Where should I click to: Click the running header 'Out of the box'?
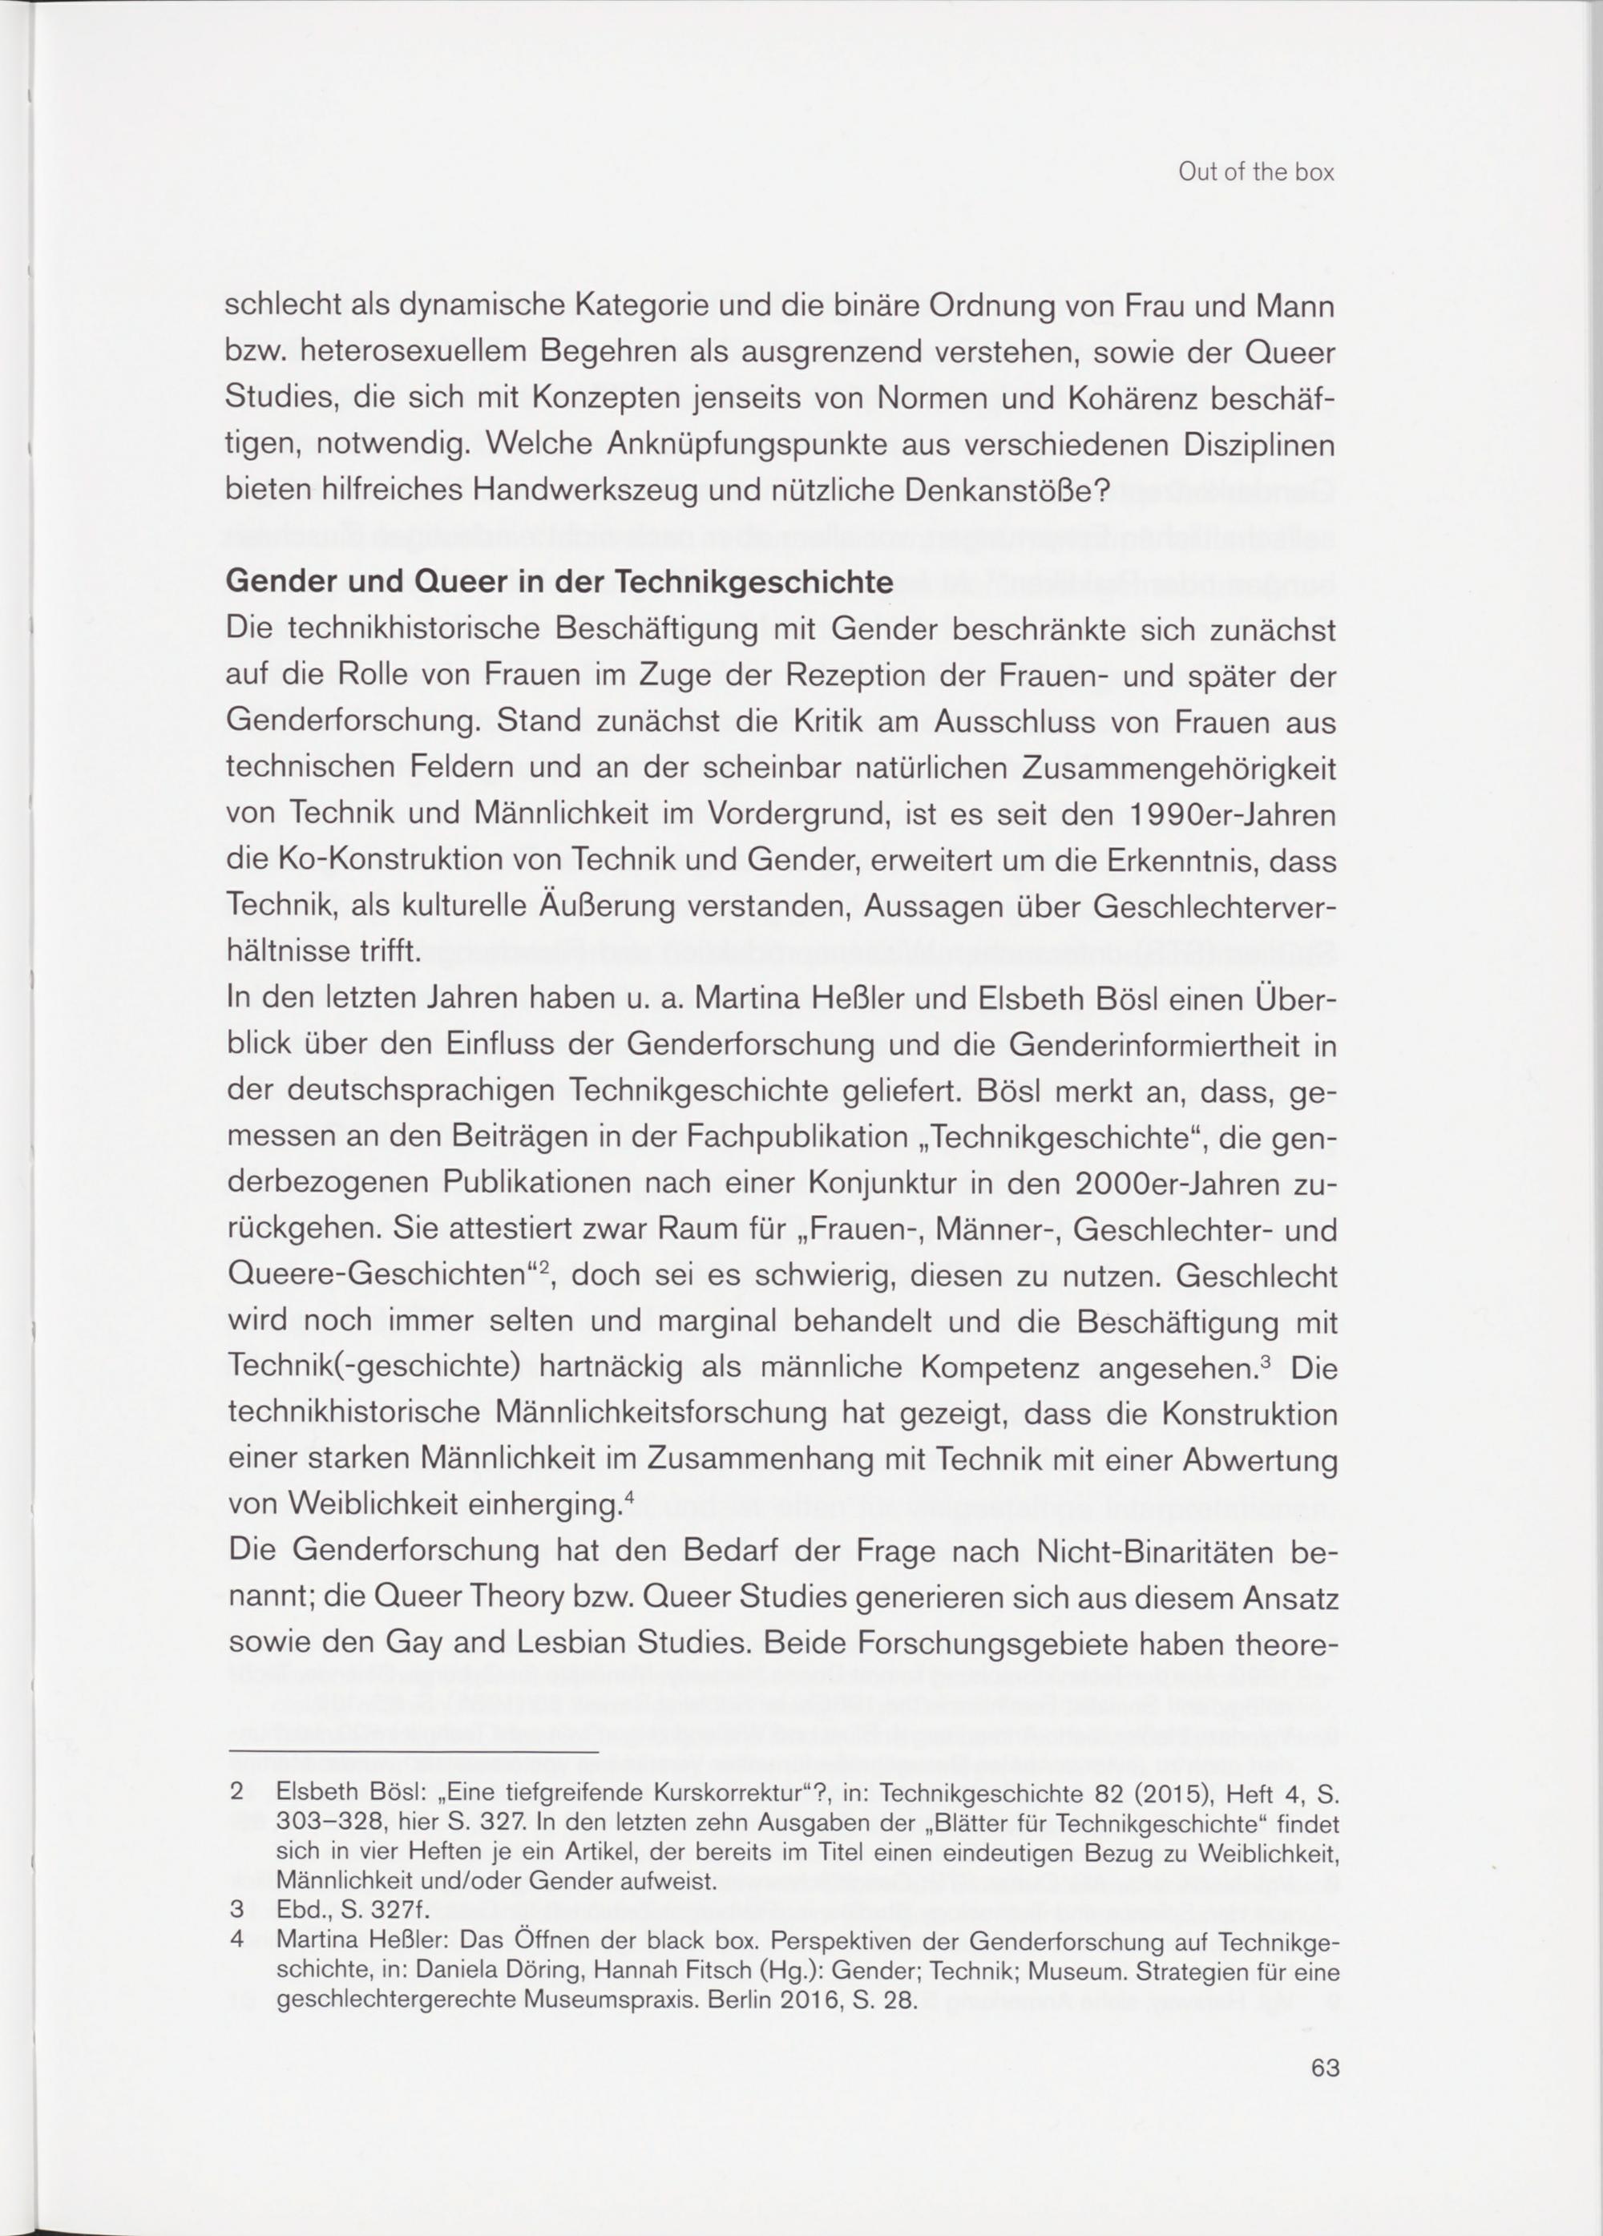coord(1255,172)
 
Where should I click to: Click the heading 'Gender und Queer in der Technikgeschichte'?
coord(559,582)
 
